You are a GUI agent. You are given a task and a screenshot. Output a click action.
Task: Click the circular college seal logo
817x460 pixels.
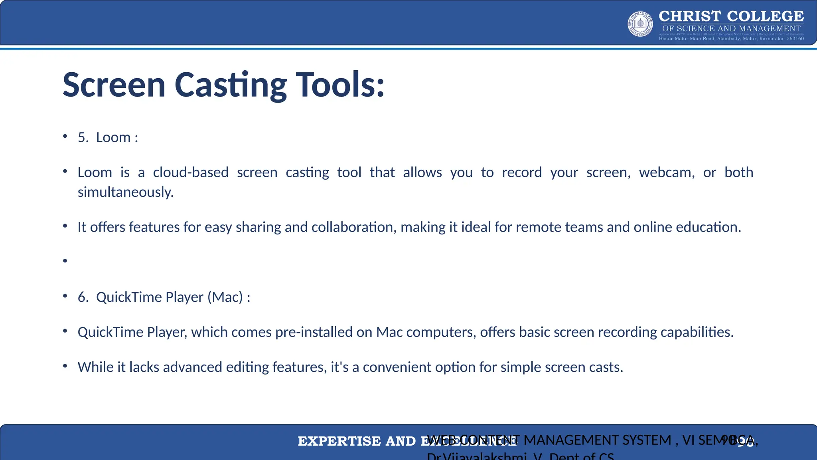click(x=640, y=24)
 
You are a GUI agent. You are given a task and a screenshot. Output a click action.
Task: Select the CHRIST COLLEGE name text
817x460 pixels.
click(x=731, y=16)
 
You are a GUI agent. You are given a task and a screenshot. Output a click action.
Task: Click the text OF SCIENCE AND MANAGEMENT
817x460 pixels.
click(x=731, y=28)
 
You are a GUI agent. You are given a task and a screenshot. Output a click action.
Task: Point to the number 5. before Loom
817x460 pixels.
click(x=83, y=137)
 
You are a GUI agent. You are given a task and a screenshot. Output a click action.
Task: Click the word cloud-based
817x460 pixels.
click(x=191, y=172)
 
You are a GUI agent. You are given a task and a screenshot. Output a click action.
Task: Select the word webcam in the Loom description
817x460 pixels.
click(x=667, y=172)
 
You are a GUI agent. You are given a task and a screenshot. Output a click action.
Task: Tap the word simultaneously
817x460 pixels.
click(x=126, y=192)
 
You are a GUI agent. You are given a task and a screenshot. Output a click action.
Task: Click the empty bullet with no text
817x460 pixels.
click(x=65, y=261)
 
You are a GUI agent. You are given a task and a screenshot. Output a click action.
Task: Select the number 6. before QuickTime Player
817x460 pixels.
click(x=83, y=297)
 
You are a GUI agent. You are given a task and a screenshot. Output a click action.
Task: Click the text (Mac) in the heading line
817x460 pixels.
click(x=225, y=297)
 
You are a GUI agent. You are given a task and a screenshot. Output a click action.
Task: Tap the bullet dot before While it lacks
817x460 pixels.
click(x=65, y=366)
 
